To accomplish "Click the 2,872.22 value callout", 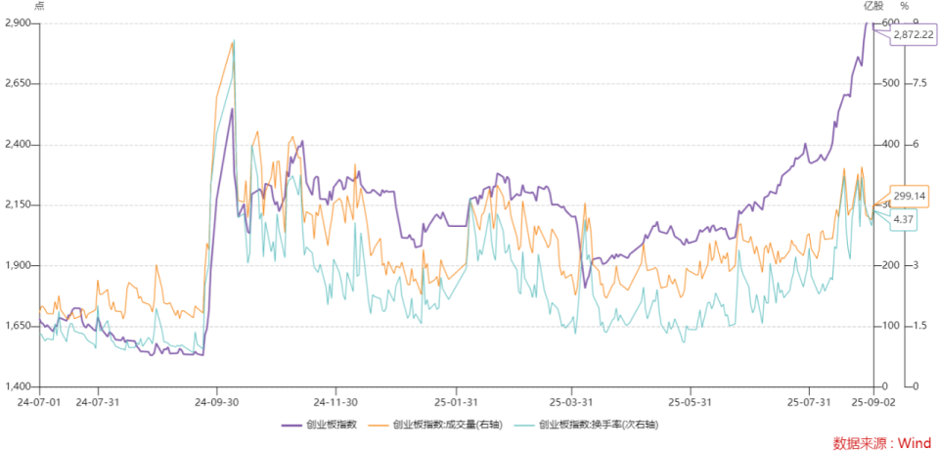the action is click(x=914, y=35).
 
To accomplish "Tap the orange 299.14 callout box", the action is click(x=911, y=196).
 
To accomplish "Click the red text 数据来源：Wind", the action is click(x=882, y=442).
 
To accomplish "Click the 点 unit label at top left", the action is click(x=39, y=7).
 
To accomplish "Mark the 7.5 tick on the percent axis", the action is click(x=919, y=83).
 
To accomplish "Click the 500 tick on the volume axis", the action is click(x=890, y=83).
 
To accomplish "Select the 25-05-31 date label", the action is click(x=690, y=401).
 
